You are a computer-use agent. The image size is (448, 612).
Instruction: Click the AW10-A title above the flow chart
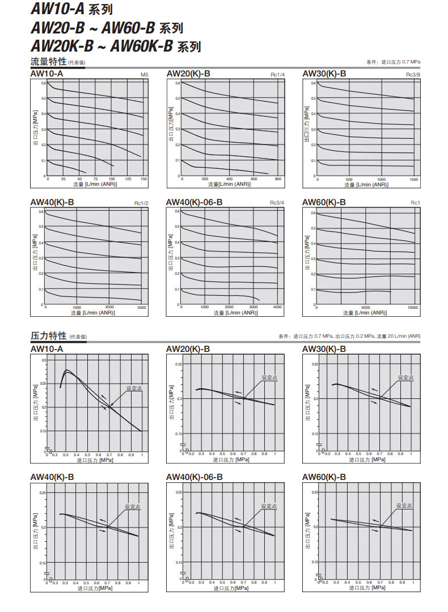point(47,74)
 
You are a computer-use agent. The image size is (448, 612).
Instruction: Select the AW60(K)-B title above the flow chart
point(324,202)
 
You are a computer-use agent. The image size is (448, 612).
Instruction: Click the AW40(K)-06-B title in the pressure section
point(195,477)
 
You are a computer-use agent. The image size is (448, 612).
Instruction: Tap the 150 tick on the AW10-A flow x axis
point(143,179)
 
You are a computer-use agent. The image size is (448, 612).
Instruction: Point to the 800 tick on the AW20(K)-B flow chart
point(278,179)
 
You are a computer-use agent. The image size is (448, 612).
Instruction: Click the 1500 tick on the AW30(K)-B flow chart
point(413,179)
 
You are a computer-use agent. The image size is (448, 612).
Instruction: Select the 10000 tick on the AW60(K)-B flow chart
point(412,307)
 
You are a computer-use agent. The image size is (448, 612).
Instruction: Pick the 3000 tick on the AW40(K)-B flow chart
point(142,307)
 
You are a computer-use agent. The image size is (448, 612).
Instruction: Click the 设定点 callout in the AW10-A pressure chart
point(134,388)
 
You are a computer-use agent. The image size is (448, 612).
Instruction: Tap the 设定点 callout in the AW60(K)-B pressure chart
point(404,505)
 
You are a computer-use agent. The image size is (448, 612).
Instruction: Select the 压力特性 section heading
point(49,335)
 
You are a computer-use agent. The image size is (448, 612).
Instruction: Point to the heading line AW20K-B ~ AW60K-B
point(116,46)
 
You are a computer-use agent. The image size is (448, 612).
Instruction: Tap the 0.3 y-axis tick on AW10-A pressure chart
point(44,360)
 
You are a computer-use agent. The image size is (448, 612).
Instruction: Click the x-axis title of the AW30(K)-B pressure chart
point(367,460)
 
